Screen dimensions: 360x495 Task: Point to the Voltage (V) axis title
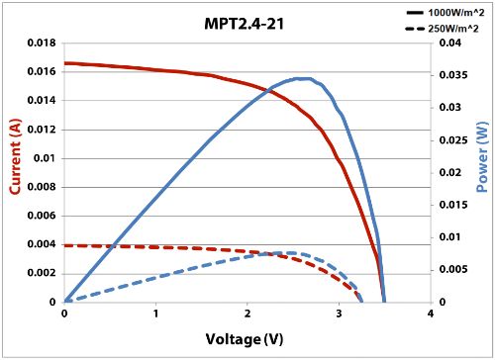coord(247,339)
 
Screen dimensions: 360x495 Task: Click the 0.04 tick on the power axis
coord(447,44)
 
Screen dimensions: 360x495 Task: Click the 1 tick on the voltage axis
coord(156,315)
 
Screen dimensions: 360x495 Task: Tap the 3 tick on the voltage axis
coord(340,315)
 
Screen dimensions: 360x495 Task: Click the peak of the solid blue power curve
coord(304,78)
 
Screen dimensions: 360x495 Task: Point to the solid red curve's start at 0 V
coord(65,63)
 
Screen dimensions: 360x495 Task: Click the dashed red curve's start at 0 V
coord(65,245)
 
